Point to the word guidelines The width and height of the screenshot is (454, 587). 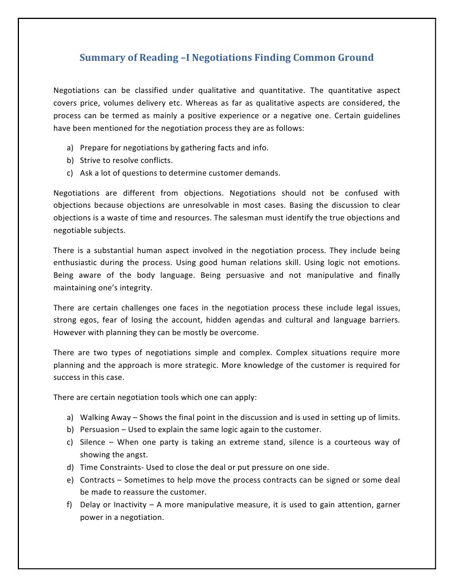coord(378,116)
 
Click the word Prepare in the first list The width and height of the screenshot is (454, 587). coord(95,147)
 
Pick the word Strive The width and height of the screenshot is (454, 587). coord(91,160)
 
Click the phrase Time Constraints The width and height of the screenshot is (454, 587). coord(112,467)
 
